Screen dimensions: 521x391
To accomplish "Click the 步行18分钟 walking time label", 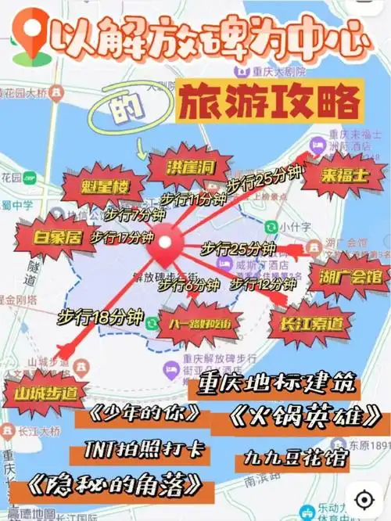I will pos(100,318).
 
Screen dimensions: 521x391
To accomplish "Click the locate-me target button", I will pos(363,498).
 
